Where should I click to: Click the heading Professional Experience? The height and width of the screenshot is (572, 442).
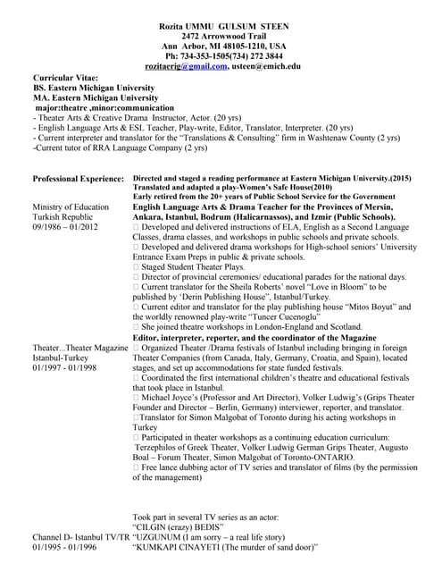pyautogui.click(x=78, y=180)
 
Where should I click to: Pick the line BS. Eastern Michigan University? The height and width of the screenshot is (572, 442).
pyautogui.click(x=94, y=89)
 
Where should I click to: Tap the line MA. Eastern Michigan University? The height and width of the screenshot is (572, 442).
pyautogui.click(x=96, y=99)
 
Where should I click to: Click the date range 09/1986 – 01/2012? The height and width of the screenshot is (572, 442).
pyautogui.click(x=67, y=228)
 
